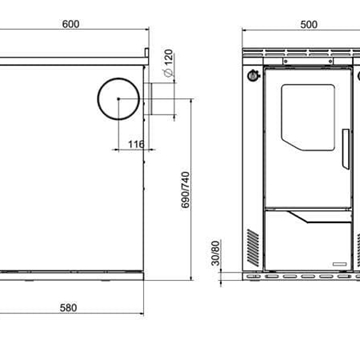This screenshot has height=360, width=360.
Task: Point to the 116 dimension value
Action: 136,144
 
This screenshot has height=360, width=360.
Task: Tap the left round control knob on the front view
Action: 254,76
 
